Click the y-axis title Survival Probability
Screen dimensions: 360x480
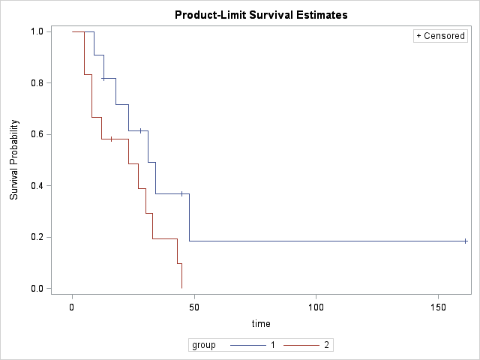14,160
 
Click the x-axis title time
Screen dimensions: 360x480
261,323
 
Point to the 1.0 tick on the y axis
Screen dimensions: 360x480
36,31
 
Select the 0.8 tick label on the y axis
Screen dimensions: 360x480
36,83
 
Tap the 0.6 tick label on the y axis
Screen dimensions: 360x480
36,134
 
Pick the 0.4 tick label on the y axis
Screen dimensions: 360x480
36,186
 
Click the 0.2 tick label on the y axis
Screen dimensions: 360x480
36,237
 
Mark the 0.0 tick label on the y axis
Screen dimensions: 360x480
36,289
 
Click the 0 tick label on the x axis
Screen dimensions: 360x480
72,307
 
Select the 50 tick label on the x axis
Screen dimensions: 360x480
194,307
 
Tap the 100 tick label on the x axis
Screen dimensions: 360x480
316,307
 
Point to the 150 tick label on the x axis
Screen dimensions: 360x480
438,307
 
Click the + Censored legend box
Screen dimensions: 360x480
441,36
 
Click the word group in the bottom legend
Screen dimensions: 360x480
204,346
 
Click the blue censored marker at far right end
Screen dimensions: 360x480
466,241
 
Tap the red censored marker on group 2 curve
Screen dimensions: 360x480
111,139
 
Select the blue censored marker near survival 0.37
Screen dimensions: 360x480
181,193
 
